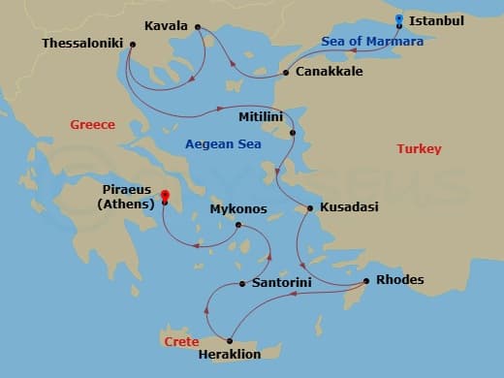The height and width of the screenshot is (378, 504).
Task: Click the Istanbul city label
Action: [437, 20]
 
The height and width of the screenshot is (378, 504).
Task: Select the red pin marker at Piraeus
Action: [165, 196]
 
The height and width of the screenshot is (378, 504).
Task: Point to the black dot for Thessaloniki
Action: [132, 44]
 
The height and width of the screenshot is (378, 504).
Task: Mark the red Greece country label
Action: [93, 125]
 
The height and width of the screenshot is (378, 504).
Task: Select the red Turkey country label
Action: [419, 149]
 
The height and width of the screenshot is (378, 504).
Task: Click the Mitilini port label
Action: [260, 116]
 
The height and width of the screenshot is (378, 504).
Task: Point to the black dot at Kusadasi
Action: [310, 208]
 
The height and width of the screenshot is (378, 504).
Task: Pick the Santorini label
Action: [281, 283]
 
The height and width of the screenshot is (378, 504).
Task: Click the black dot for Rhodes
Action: [365, 281]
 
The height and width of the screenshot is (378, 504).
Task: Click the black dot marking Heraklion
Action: [229, 339]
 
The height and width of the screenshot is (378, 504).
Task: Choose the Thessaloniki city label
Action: [83, 44]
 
